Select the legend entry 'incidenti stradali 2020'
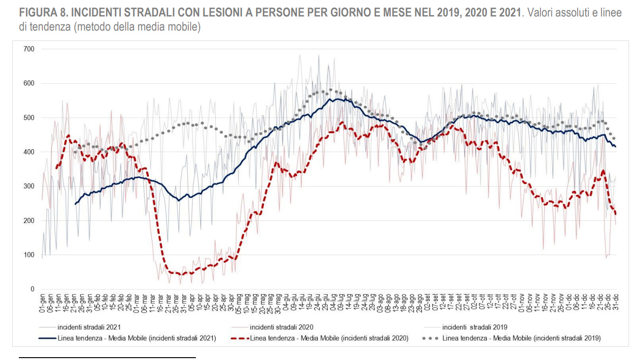pos(281,327)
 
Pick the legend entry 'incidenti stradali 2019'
pos(475,327)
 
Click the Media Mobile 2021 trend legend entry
pos(137,338)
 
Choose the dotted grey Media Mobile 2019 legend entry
pos(521,338)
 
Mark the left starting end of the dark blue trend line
pos(75,204)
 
